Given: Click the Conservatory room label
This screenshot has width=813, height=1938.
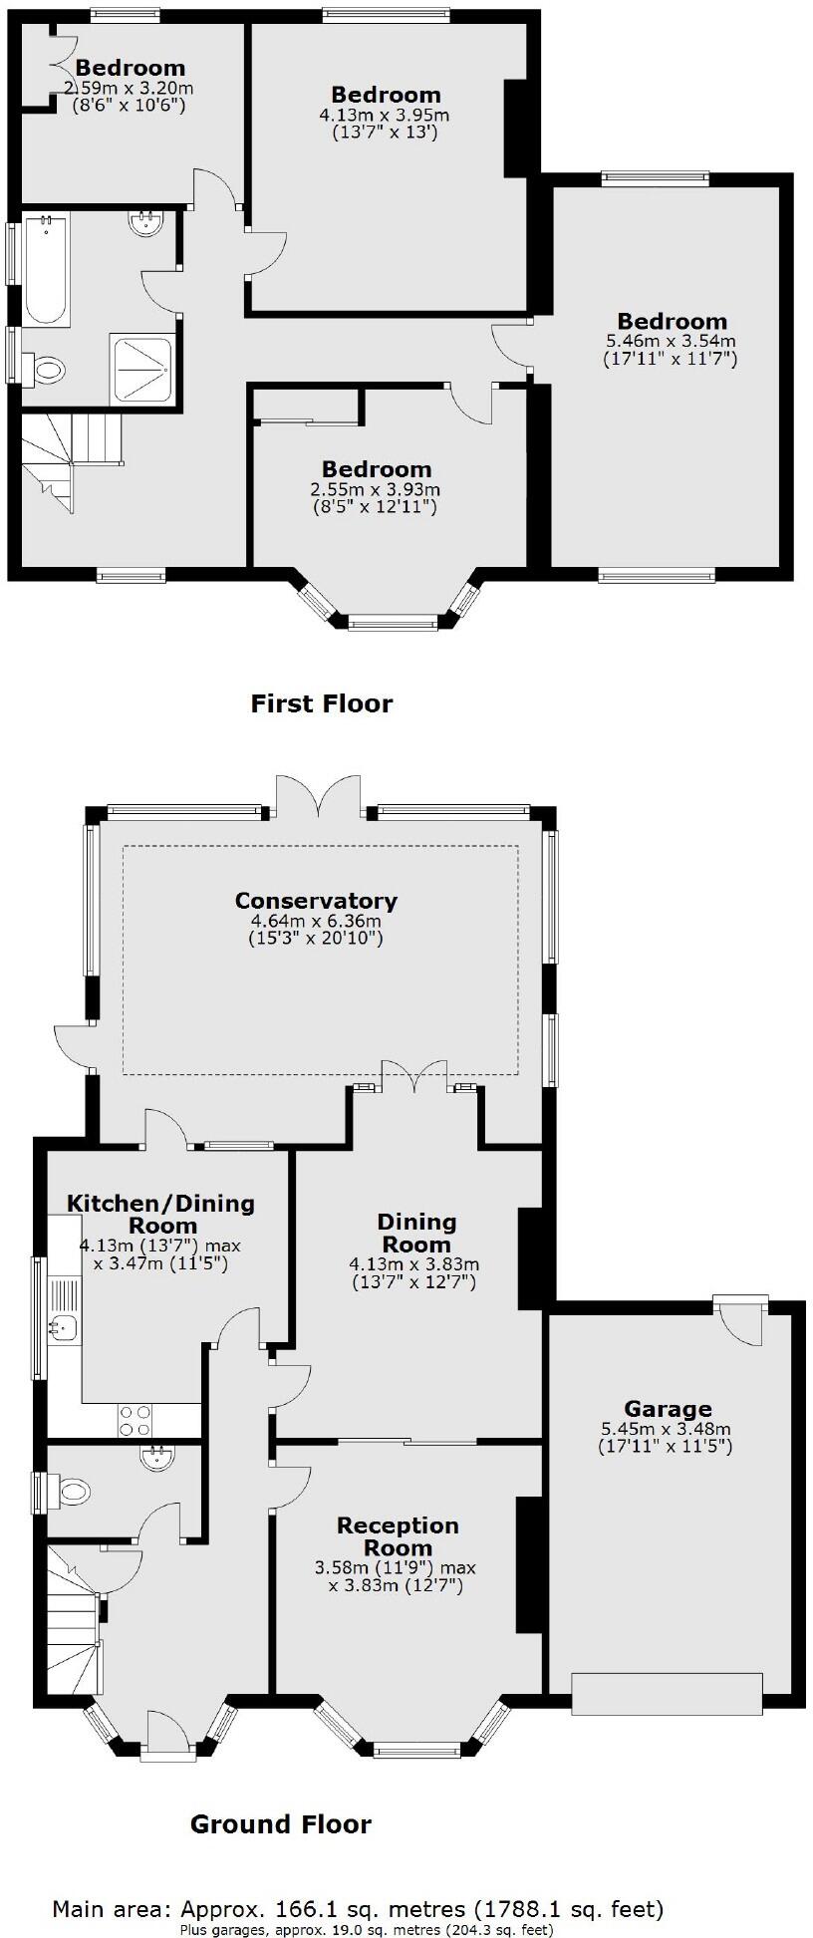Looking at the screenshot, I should coord(316,901).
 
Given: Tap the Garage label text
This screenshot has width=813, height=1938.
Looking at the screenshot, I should coord(668,1409).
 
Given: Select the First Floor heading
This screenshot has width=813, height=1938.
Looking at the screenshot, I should coord(321,704).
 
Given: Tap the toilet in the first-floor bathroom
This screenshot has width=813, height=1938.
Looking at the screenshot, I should coord(44,371).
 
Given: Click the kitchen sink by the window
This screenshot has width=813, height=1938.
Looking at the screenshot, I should coord(63,1326).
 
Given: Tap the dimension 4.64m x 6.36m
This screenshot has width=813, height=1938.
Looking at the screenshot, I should coord(316,922).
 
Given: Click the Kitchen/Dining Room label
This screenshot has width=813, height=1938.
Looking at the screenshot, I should coord(160,1215).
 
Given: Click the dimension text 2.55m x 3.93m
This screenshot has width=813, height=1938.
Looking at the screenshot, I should coord(376,490).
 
